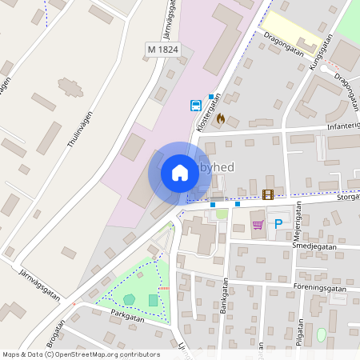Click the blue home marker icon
(180, 173)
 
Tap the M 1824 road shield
(163, 50)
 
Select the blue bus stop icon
(196, 105)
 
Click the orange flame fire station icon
(232, 118)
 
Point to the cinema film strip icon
(267, 194)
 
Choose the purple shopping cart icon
(258, 225)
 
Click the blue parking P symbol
(278, 225)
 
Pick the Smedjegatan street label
(314, 249)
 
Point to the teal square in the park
(153, 300)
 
